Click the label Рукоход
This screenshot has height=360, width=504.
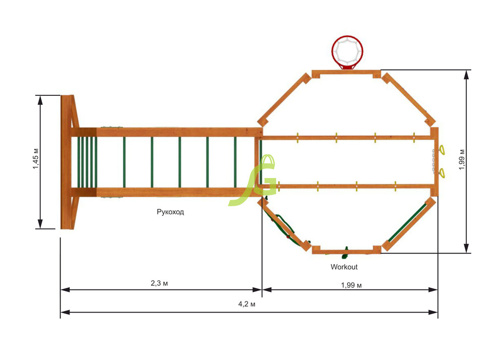(170, 212)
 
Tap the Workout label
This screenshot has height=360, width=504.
(344, 267)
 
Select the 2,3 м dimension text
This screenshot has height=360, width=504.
(159, 283)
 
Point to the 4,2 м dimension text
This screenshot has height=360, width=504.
(247, 304)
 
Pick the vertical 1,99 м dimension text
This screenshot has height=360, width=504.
(462, 159)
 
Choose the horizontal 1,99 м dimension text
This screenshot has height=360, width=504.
(351, 285)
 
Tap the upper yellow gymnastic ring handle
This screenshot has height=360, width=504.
(442, 150)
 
